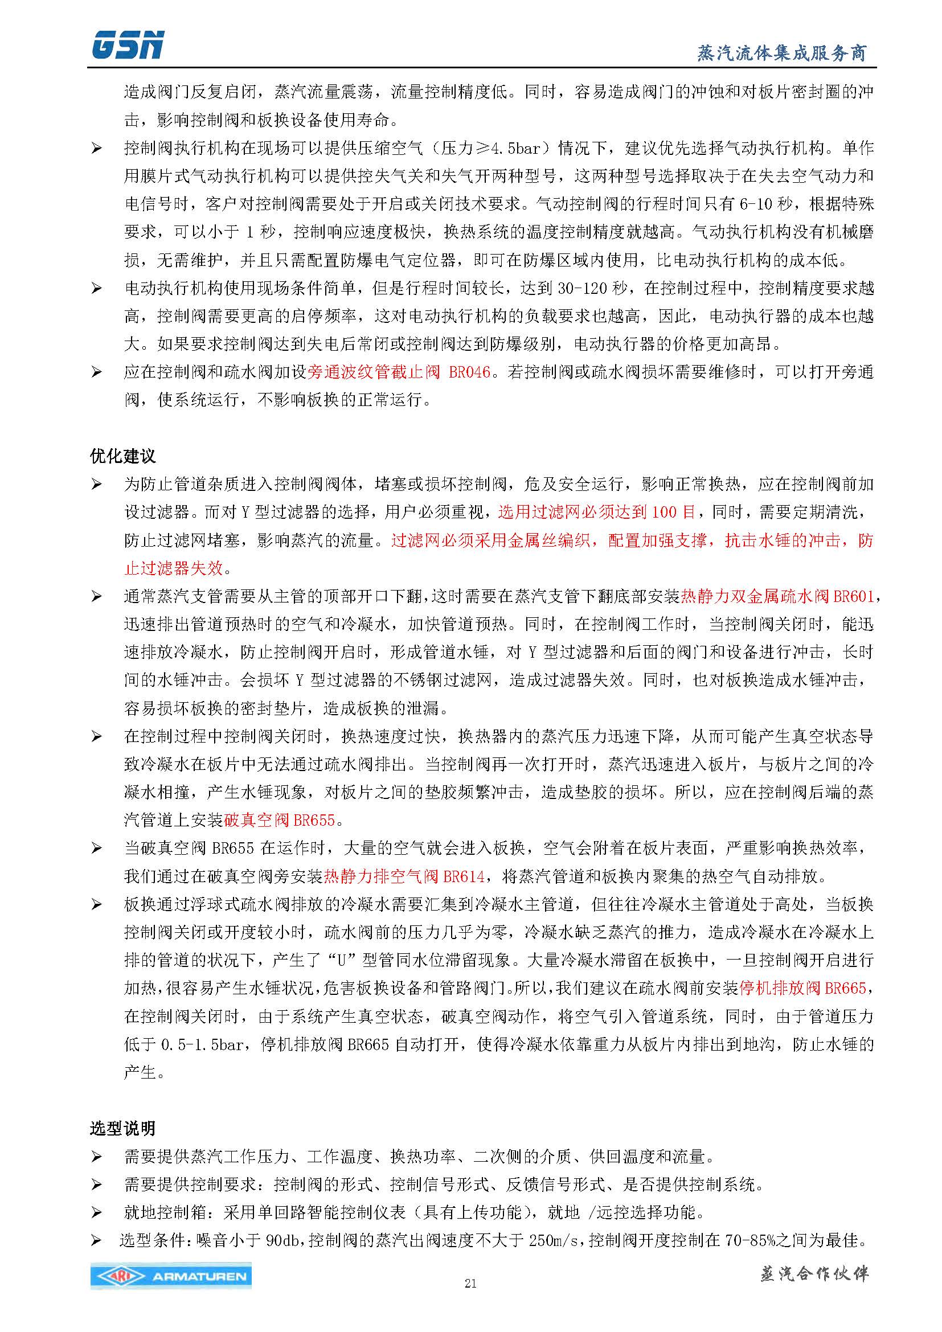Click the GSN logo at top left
coord(128,45)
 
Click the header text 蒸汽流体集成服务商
coord(781,54)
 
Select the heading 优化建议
coord(123,456)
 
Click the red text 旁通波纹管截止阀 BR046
coord(399,372)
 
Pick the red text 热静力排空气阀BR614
coord(404,876)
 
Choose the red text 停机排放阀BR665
coord(802,988)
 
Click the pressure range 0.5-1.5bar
coord(202,1044)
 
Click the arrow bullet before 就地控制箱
coord(96,1213)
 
